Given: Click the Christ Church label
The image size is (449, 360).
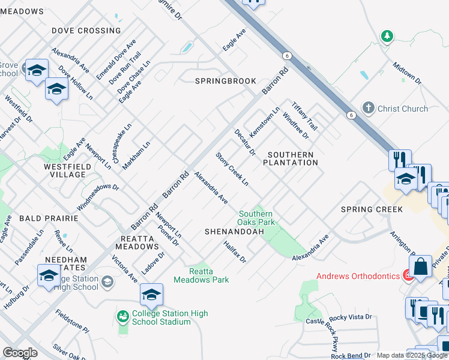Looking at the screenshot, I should tap(402, 109).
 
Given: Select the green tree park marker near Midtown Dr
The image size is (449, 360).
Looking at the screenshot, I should tap(388, 37).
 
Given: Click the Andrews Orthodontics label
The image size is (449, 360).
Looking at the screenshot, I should tap(359, 276).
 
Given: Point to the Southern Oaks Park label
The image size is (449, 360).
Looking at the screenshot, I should tap(256, 218).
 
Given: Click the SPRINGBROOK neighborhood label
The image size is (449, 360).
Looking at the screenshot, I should tap(225, 81).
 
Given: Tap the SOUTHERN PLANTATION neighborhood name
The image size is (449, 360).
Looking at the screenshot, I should tap(290, 158).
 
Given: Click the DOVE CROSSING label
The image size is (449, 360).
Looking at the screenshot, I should tap(86, 31).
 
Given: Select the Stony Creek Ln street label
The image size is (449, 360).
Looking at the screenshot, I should tap(232, 169).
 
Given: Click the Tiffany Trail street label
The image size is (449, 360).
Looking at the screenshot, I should tap(304, 116).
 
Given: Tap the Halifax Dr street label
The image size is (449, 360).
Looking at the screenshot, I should tap(235, 251).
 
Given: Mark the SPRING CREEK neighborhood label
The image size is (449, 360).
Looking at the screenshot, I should tap(372, 209).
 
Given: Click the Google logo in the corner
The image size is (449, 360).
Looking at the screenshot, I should tap(20, 353).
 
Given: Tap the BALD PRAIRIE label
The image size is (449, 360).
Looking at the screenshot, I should tap(48, 219).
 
